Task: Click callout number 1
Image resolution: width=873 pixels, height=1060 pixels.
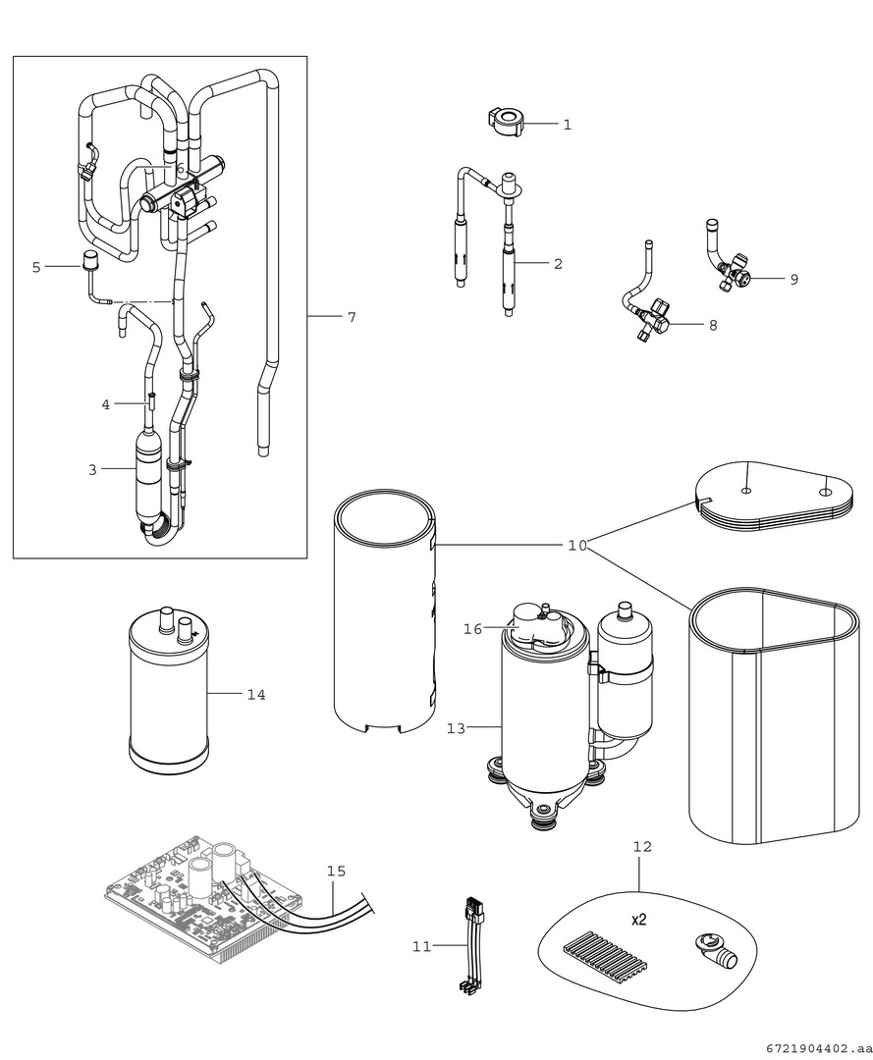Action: [x=568, y=125]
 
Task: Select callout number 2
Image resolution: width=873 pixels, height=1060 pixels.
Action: [x=558, y=263]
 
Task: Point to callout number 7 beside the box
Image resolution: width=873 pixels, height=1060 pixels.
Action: [x=351, y=317]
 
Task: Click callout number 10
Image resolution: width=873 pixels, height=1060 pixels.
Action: [x=577, y=545]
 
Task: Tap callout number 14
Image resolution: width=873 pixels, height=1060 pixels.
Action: [x=256, y=695]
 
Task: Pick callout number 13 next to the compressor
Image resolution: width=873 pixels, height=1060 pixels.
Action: [x=456, y=728]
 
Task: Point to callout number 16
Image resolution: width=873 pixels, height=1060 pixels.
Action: [x=473, y=629]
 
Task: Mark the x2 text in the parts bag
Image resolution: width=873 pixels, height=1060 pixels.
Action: [x=638, y=920]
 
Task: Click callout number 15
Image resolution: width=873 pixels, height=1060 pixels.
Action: [x=337, y=871]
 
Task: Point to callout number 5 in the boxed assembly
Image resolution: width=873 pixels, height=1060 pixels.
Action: [x=36, y=267]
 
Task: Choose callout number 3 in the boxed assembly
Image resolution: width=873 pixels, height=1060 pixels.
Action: [x=92, y=470]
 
